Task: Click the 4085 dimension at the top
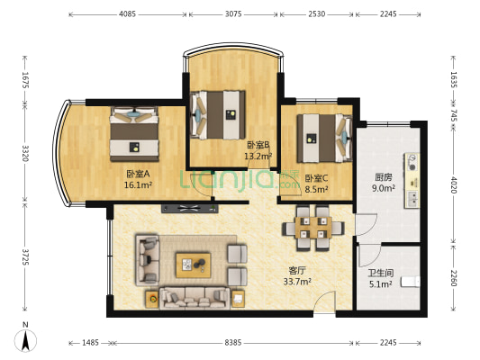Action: point(127,14)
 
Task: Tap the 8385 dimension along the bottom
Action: point(233,343)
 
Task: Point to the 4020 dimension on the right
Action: point(453,185)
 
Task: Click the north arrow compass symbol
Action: point(25,338)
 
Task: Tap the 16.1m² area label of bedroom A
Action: point(138,184)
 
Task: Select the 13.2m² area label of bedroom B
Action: point(258,157)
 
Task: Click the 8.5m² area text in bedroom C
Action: point(316,189)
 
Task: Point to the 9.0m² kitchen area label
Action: point(384,188)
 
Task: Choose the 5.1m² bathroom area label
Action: point(381,284)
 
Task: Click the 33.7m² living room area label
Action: point(297,282)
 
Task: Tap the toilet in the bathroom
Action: point(411,282)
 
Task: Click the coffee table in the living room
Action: point(193,265)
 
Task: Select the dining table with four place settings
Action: point(313,228)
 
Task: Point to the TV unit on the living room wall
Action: point(190,209)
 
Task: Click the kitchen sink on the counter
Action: point(412,199)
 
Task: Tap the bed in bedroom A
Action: point(134,134)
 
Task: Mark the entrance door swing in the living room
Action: point(324,301)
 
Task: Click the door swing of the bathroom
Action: point(369,255)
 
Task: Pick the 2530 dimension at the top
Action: point(316,14)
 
